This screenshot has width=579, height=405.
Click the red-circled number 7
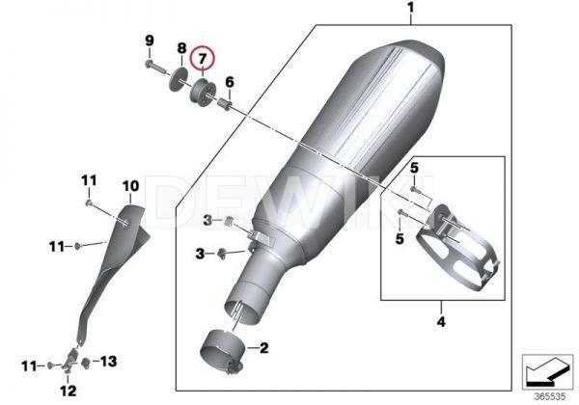202,58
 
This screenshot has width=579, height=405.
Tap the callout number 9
150,40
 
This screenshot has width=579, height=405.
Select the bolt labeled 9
155,67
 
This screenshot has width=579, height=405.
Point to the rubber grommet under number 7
202,92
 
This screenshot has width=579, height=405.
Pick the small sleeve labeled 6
225,103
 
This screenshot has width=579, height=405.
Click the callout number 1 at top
411,8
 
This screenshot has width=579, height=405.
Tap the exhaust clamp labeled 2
222,351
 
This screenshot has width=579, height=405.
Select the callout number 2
264,347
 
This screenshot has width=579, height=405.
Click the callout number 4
441,322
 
